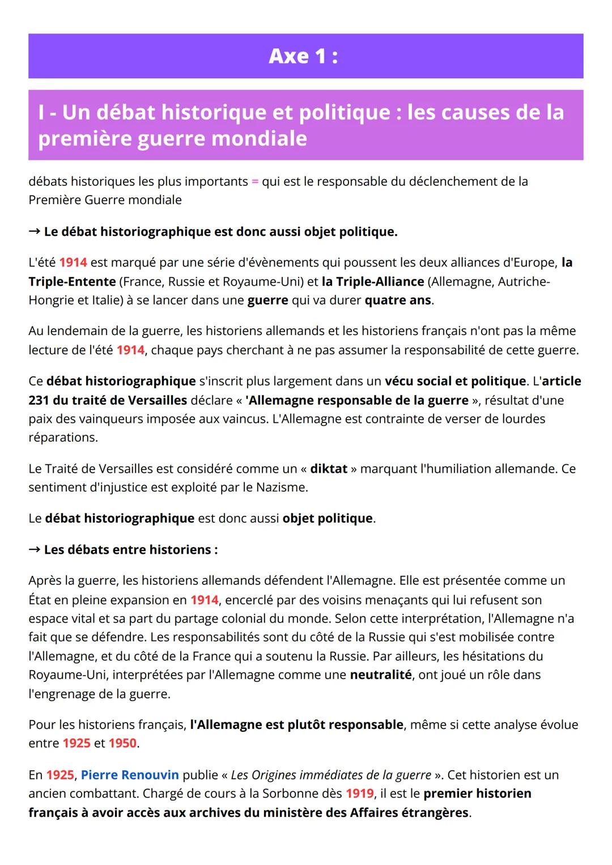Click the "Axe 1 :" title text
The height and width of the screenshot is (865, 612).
(303, 56)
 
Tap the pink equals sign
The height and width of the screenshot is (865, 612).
(255, 182)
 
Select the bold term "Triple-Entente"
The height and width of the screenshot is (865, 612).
(72, 282)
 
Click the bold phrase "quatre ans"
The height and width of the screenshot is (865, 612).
(398, 300)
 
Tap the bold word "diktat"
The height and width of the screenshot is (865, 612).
(329, 469)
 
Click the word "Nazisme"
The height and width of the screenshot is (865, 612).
(280, 487)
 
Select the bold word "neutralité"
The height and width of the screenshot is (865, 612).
(381, 675)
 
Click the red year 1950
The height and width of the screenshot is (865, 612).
(122, 743)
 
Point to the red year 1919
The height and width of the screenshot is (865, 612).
(360, 794)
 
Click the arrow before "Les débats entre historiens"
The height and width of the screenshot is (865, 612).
(34, 550)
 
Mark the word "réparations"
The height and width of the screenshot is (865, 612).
(62, 438)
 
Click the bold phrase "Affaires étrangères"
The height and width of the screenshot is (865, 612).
(411, 813)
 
